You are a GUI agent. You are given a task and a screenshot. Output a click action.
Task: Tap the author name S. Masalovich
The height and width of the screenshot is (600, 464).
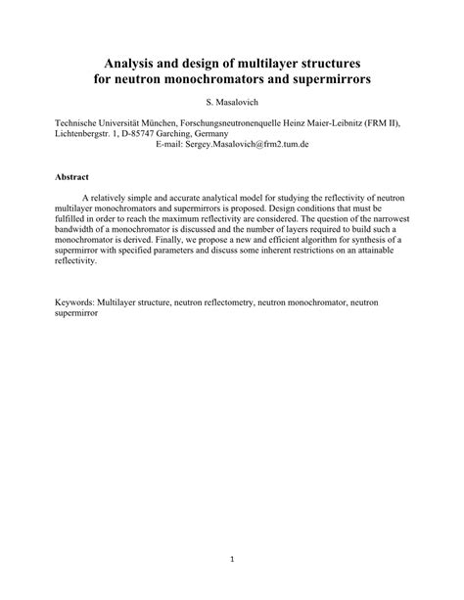232,102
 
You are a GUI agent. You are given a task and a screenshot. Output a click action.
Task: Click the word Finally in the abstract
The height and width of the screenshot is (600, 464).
281,239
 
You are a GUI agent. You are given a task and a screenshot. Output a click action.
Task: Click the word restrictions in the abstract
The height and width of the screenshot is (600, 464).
302,259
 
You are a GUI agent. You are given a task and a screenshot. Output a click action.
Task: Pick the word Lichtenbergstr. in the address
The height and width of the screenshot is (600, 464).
86,132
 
